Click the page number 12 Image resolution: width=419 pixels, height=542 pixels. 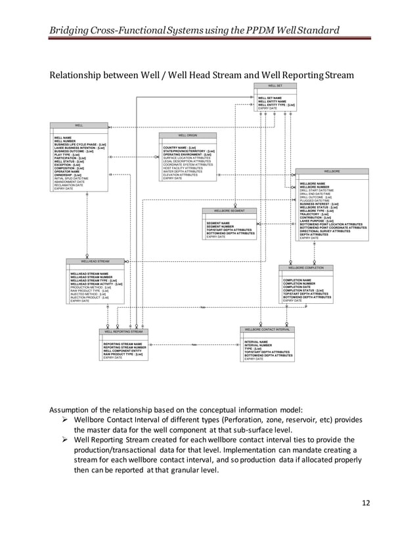(366, 503)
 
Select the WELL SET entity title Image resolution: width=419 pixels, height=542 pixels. (275, 86)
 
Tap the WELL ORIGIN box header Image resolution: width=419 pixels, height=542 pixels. (187, 135)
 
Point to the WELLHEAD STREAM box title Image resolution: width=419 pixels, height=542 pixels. (95, 261)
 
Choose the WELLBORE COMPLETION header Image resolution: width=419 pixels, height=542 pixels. (306, 268)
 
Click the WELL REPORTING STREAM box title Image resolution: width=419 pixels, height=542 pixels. (123, 332)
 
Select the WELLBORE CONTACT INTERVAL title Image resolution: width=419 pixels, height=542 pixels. (267, 329)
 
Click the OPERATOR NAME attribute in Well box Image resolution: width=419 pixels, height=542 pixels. (67, 172)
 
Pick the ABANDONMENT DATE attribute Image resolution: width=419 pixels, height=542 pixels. (69, 182)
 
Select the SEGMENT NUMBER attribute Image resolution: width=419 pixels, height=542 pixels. (219, 226)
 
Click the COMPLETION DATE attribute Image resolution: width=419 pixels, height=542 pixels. (297, 287)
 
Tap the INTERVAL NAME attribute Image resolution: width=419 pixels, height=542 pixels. (256, 342)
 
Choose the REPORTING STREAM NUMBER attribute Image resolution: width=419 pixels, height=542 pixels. (125, 347)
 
